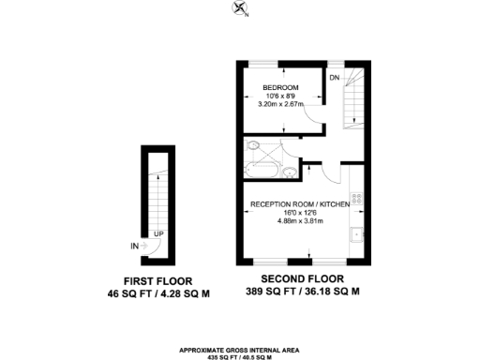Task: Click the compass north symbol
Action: pos(242,10)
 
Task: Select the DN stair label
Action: pos(334,77)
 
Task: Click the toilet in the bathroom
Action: pos(252,147)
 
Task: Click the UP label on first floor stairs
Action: pos(158,233)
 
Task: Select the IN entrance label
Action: pos(135,246)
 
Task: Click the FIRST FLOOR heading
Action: pos(155,280)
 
